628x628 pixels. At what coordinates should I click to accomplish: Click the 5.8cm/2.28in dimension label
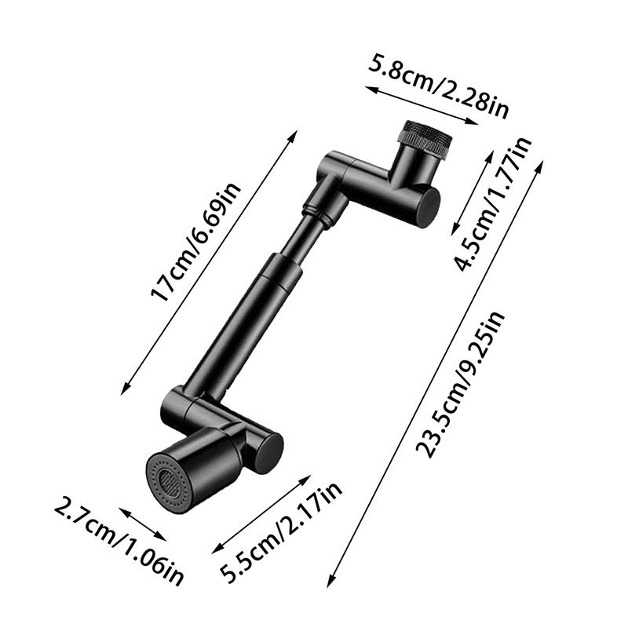(x=437, y=85)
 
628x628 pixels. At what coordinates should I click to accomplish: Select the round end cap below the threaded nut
(x=426, y=206)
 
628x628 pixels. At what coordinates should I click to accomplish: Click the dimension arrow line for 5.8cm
(x=422, y=106)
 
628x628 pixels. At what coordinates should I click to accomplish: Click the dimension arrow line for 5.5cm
(x=262, y=514)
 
